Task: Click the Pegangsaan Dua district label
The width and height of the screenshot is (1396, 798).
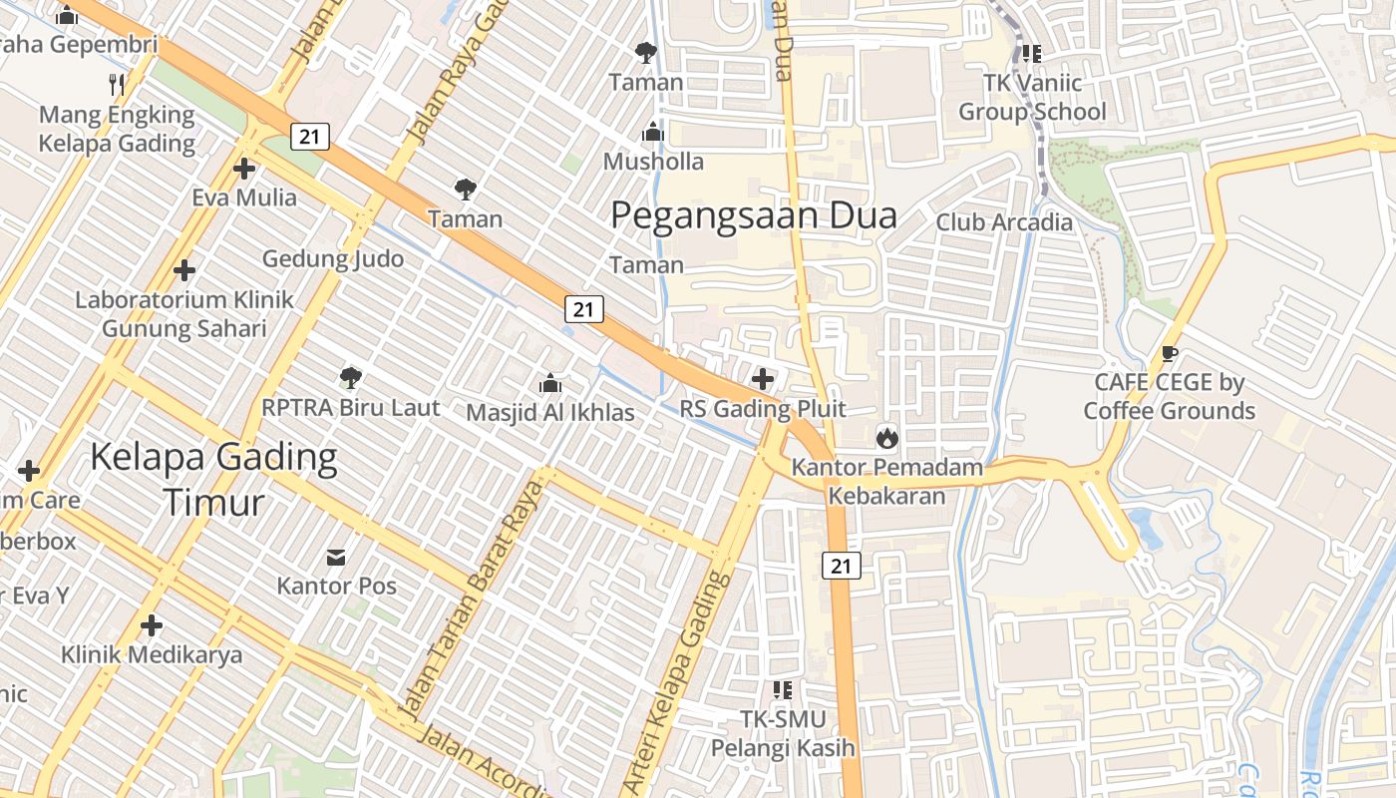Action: (x=753, y=215)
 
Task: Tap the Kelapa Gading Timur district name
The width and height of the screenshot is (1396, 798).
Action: (x=213, y=480)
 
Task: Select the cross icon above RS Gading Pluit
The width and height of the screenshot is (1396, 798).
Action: (x=763, y=379)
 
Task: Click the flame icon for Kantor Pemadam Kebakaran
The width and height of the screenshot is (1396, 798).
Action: (x=886, y=437)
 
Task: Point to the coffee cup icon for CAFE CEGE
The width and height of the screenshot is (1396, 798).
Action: (x=1170, y=353)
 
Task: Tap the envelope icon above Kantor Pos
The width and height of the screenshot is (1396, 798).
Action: (x=337, y=556)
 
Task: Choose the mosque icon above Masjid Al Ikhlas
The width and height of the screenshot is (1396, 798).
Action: (x=549, y=383)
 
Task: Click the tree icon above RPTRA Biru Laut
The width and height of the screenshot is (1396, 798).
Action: (x=350, y=377)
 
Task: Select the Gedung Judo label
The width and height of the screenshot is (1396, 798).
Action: (x=333, y=259)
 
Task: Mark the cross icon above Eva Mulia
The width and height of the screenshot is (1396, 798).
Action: (x=244, y=168)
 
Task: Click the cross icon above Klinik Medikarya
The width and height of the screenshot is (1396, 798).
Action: (x=152, y=625)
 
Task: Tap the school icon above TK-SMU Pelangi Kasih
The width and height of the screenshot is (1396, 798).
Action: (x=783, y=689)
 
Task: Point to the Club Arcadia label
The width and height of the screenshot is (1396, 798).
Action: (x=1003, y=222)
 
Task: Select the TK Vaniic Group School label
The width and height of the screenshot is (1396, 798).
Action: (x=1032, y=97)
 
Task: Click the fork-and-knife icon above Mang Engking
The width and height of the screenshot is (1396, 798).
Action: (x=117, y=84)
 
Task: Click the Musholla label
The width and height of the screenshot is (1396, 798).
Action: (x=654, y=162)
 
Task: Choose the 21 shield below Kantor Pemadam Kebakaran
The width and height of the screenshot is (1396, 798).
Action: (x=841, y=566)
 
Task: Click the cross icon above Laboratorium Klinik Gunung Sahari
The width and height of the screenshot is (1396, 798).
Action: (x=184, y=270)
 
